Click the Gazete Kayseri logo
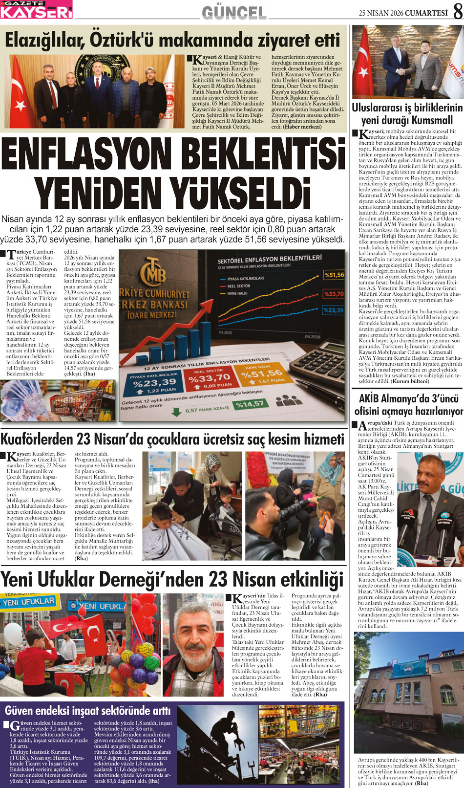pyautogui.click(x=36, y=9)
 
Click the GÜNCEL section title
pyautogui.click(x=234, y=13)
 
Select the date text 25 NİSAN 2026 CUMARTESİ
pyautogui.click(x=403, y=13)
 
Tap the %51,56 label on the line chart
pyautogui.click(x=334, y=275)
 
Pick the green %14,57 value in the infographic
pyautogui.click(x=249, y=404)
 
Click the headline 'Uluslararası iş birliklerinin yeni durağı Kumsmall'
pyautogui.click(x=407, y=113)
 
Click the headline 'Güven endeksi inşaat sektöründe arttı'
pyautogui.click(x=88, y=710)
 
